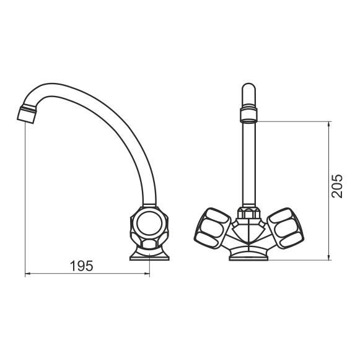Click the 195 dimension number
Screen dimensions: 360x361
pyautogui.click(x=82, y=266)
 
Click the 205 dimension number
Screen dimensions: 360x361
pyautogui.click(x=337, y=186)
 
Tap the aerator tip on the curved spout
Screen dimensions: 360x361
pyautogui.click(x=27, y=115)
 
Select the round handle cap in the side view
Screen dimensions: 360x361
pyautogui.click(x=149, y=224)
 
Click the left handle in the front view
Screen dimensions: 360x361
pyautogui.click(x=212, y=228)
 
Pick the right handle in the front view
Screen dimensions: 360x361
pyautogui.click(x=285, y=228)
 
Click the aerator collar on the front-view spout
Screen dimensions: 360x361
pyautogui.click(x=248, y=115)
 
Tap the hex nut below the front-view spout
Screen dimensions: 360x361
pyautogui.click(x=248, y=213)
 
